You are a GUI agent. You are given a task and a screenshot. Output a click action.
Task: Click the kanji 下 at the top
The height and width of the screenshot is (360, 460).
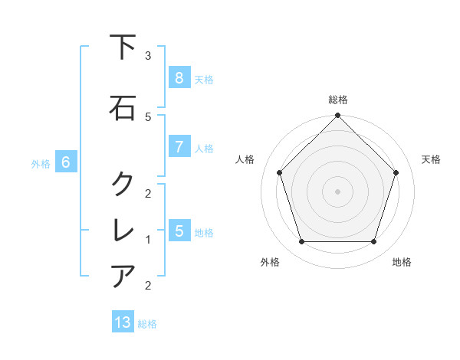tap(123, 47)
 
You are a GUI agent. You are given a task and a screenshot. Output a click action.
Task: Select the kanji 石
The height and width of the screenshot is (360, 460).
tap(123, 108)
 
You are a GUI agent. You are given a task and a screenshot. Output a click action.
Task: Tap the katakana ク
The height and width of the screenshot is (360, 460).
tap(123, 184)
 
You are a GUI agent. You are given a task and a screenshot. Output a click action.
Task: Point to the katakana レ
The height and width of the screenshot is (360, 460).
tap(123, 230)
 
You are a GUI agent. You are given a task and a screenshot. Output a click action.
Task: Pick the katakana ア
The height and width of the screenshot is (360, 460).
tap(123, 276)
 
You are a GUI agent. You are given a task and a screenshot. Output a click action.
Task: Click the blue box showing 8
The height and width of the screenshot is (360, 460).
tap(179, 78)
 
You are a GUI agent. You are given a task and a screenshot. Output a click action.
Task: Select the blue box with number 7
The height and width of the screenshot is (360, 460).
tap(179, 147)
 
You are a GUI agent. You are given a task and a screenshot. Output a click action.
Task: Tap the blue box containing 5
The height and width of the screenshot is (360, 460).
tap(179, 231)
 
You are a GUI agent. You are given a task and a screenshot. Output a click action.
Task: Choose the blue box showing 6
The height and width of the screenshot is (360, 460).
tap(66, 162)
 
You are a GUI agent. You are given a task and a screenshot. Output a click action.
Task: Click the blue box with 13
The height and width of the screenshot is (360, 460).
tap(123, 322)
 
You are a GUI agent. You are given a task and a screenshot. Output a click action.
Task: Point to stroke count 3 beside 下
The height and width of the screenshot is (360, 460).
tap(148, 56)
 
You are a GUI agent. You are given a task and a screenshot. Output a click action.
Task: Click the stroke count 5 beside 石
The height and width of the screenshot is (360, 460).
tap(148, 116)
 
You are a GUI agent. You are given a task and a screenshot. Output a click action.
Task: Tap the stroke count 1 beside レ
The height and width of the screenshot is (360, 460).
tap(148, 240)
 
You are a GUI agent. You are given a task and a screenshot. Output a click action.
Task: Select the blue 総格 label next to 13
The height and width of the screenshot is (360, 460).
tap(147, 324)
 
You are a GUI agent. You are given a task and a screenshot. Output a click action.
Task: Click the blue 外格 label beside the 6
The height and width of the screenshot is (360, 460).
tap(41, 164)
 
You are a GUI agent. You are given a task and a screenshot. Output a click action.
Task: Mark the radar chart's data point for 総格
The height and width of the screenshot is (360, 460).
tap(337, 116)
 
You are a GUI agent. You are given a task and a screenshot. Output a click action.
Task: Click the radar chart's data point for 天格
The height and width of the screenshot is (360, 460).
tap(396, 172)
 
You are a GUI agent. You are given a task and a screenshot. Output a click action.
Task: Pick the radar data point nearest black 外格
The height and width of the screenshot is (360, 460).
tap(301, 242)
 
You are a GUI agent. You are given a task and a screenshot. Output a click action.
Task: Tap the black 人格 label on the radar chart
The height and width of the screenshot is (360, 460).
tap(245, 159)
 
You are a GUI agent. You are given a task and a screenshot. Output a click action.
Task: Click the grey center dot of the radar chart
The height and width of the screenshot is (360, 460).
tap(337, 191)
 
